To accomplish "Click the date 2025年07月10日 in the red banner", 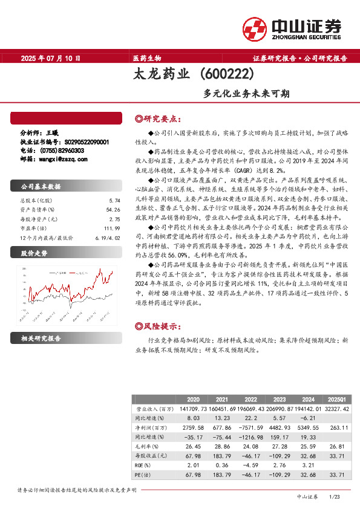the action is point(51,59).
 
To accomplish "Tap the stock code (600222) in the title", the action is point(226,76).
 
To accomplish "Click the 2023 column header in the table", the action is point(280,400).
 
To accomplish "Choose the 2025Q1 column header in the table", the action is point(336,400).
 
